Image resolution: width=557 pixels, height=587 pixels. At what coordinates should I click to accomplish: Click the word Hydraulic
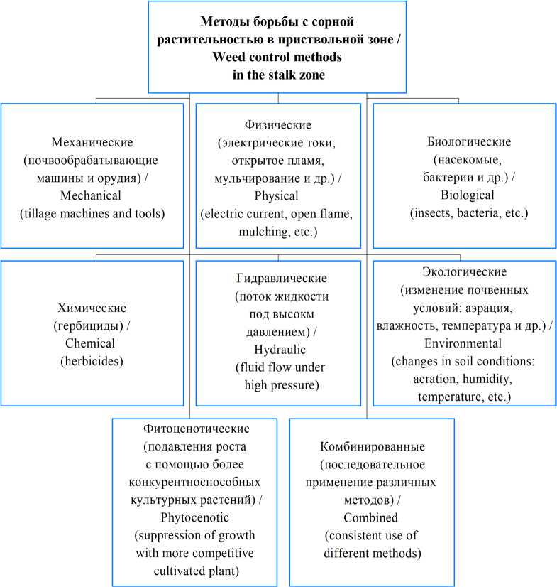tap(278, 349)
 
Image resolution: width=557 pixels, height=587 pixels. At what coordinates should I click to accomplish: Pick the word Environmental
tap(463, 343)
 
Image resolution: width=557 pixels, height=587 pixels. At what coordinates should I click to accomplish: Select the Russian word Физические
tap(278, 126)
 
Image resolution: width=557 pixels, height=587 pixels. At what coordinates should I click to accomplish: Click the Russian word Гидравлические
tap(278, 278)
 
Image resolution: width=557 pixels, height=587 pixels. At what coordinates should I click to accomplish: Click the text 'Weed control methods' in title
tap(278, 56)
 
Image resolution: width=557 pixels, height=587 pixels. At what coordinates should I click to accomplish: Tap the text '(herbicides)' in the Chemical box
tap(92, 361)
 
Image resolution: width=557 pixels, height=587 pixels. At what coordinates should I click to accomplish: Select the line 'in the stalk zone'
tap(278, 75)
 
